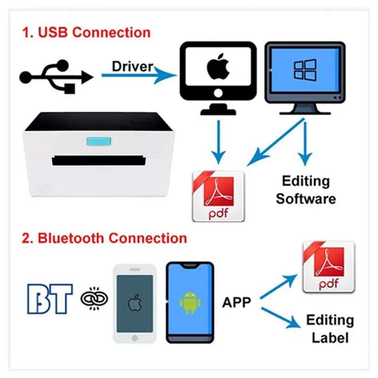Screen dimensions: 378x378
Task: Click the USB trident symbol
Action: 57,77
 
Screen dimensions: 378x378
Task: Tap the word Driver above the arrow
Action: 133,66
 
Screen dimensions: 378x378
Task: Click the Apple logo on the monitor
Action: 218,67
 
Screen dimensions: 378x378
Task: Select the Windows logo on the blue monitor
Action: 305,70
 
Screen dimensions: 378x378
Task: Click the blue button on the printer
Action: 99,141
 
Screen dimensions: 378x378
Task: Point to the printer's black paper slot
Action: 99,160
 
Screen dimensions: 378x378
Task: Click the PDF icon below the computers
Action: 218,196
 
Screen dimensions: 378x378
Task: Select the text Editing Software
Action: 306,190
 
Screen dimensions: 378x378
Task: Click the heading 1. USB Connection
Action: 86,32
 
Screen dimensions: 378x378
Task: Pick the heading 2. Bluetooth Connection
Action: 104,238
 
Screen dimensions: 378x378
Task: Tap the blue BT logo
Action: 50,299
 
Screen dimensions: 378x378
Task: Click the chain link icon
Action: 94,299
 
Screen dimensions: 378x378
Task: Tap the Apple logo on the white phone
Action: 135,303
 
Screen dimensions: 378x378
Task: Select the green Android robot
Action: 190,303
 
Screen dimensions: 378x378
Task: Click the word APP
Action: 237,302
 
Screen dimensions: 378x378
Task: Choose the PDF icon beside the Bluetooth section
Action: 329,267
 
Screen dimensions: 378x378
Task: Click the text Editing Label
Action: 330,328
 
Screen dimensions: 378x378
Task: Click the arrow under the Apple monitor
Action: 219,142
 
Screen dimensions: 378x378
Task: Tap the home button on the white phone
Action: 135,338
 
